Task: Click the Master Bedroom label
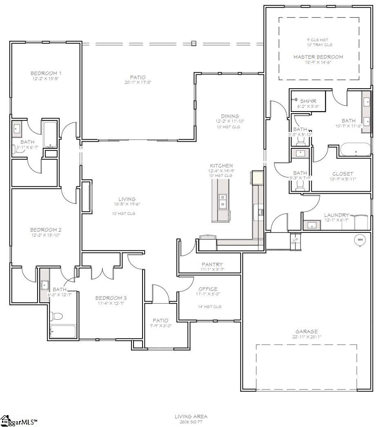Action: (x=318, y=57)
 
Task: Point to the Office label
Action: (x=208, y=289)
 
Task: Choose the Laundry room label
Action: (x=337, y=215)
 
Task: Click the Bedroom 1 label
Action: (x=46, y=74)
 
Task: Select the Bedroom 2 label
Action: (x=45, y=230)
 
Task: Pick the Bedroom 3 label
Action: (x=111, y=298)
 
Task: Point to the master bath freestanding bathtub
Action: (x=356, y=150)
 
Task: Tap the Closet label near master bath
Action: (x=343, y=174)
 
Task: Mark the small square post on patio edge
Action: (x=194, y=43)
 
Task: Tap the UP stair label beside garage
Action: (x=295, y=239)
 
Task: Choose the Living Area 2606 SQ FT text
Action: (x=191, y=416)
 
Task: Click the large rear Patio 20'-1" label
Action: (x=138, y=77)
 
